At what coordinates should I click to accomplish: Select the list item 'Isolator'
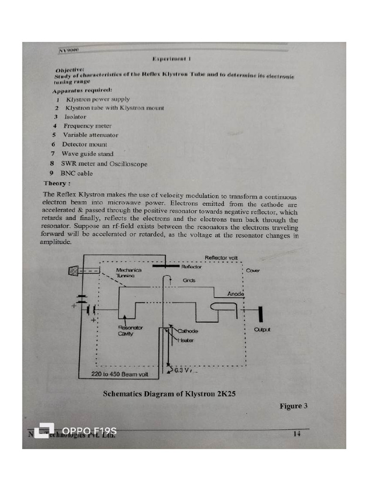(x=75, y=117)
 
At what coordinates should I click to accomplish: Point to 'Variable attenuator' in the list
(x=90, y=135)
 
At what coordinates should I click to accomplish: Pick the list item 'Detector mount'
(x=84, y=144)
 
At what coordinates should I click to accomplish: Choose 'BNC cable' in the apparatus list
(x=76, y=174)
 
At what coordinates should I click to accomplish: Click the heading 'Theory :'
(x=57, y=184)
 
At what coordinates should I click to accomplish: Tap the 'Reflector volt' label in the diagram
(x=221, y=258)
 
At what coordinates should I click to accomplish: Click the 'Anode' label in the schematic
(x=236, y=294)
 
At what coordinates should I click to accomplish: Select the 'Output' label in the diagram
(x=262, y=330)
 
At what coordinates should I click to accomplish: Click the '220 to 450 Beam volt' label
(x=120, y=374)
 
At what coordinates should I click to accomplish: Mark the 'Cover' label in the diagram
(x=253, y=271)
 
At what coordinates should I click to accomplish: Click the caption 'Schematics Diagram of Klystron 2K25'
(x=169, y=394)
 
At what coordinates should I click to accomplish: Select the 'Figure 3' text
(x=293, y=406)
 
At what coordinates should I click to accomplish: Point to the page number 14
(x=297, y=434)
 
